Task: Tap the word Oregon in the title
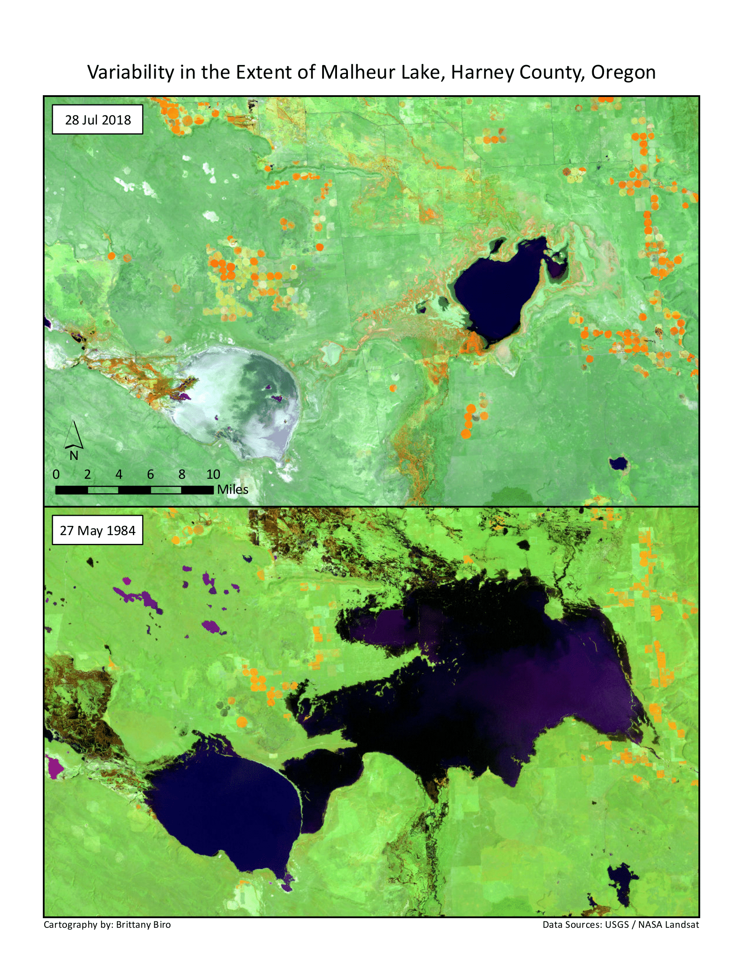[x=623, y=72]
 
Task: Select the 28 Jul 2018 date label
[x=98, y=120]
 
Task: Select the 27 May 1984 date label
[x=98, y=530]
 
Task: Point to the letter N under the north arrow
[x=74, y=456]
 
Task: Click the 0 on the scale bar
[x=56, y=474]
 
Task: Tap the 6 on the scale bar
[x=150, y=474]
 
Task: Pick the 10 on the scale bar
[x=213, y=474]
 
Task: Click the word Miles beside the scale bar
[x=233, y=489]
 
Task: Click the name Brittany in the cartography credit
[x=132, y=924]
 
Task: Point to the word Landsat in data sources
[x=681, y=924]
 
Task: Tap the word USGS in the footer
[x=616, y=924]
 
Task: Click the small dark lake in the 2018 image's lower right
[x=618, y=463]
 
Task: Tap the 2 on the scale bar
[x=87, y=474]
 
